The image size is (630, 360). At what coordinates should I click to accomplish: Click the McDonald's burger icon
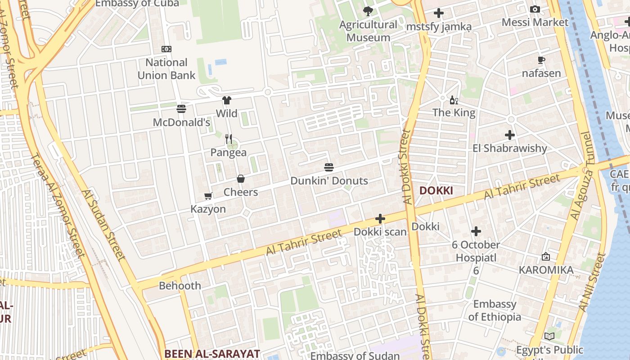click(x=181, y=108)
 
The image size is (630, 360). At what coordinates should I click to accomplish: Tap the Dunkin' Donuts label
click(x=329, y=181)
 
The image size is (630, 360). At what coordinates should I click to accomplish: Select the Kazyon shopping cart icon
click(x=208, y=196)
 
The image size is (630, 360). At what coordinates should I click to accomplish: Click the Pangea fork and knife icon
click(x=229, y=139)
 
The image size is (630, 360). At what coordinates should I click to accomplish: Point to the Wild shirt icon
click(x=226, y=100)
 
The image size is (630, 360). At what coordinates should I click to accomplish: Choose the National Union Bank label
click(x=166, y=69)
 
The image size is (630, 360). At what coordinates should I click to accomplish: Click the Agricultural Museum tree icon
click(x=368, y=11)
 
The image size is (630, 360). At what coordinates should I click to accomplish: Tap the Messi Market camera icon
click(x=535, y=9)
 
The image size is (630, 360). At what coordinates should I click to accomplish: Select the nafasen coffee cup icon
click(x=541, y=60)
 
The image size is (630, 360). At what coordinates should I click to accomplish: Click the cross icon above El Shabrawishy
click(x=509, y=135)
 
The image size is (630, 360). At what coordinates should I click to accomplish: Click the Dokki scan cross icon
click(x=380, y=219)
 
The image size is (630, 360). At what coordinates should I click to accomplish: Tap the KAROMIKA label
click(x=546, y=270)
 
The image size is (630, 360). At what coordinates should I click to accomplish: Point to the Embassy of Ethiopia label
click(x=495, y=310)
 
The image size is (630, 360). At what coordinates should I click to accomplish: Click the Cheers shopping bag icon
click(x=241, y=179)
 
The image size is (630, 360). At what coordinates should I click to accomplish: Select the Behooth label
click(x=180, y=286)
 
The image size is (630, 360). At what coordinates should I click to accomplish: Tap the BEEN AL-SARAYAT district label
click(x=212, y=354)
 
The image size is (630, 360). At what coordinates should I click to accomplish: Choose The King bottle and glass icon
click(x=454, y=100)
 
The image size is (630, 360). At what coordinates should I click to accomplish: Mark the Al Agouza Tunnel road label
click(x=581, y=175)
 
